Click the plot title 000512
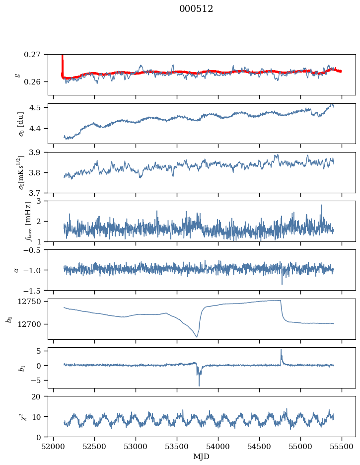(196, 9)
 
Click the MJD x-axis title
(201, 457)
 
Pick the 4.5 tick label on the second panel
(38, 107)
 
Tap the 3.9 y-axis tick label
(38, 152)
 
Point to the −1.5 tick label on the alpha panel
(34, 290)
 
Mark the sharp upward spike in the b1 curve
(281, 349)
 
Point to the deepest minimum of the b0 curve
(197, 337)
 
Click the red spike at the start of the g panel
(62, 59)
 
